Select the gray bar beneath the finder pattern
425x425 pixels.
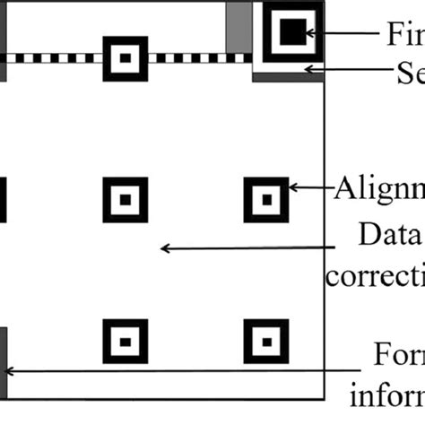(287, 78)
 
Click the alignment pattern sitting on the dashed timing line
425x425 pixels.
(125, 58)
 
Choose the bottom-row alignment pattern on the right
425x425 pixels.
(266, 339)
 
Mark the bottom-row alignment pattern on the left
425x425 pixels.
(125, 339)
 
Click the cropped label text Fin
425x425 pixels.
(403, 33)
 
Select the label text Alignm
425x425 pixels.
(380, 189)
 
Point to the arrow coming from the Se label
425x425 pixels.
(350, 69)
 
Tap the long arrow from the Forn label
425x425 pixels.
(179, 369)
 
